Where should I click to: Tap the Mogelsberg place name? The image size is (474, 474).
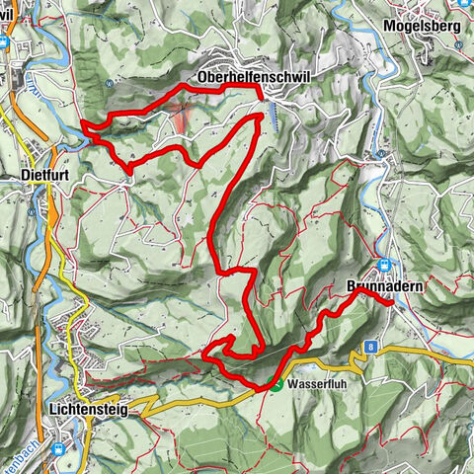[x=424, y=27]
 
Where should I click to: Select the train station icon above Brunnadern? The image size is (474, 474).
[x=384, y=265]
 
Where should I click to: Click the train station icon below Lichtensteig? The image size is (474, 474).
[x=60, y=448]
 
